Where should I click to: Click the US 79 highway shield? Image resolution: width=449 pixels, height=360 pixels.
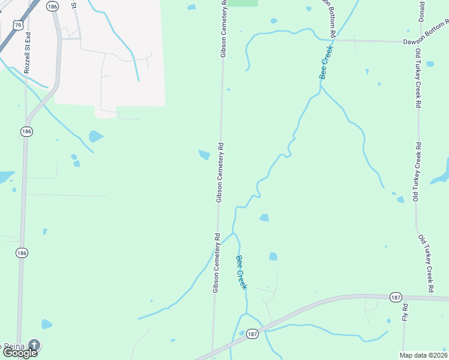coord(19,25)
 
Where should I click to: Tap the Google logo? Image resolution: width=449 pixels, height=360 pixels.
coord(19,353)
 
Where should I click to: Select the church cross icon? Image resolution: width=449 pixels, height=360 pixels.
coord(35,346)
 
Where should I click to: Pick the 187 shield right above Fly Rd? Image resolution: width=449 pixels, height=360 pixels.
coord(395,298)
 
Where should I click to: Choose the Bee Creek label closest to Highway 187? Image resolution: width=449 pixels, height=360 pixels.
coord(241,272)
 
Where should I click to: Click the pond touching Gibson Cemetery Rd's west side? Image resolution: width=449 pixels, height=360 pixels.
coord(205,155)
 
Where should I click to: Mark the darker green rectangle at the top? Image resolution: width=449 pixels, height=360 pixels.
coord(243,3)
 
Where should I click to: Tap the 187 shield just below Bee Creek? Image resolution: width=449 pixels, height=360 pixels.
coord(253,334)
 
